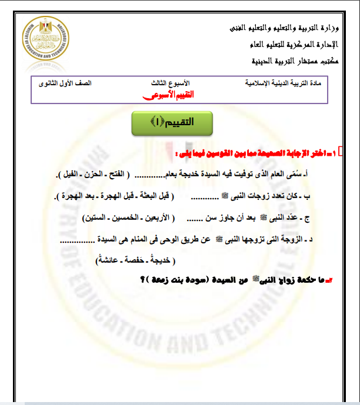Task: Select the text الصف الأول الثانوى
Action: tap(65, 83)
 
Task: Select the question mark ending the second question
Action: tap(143, 280)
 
